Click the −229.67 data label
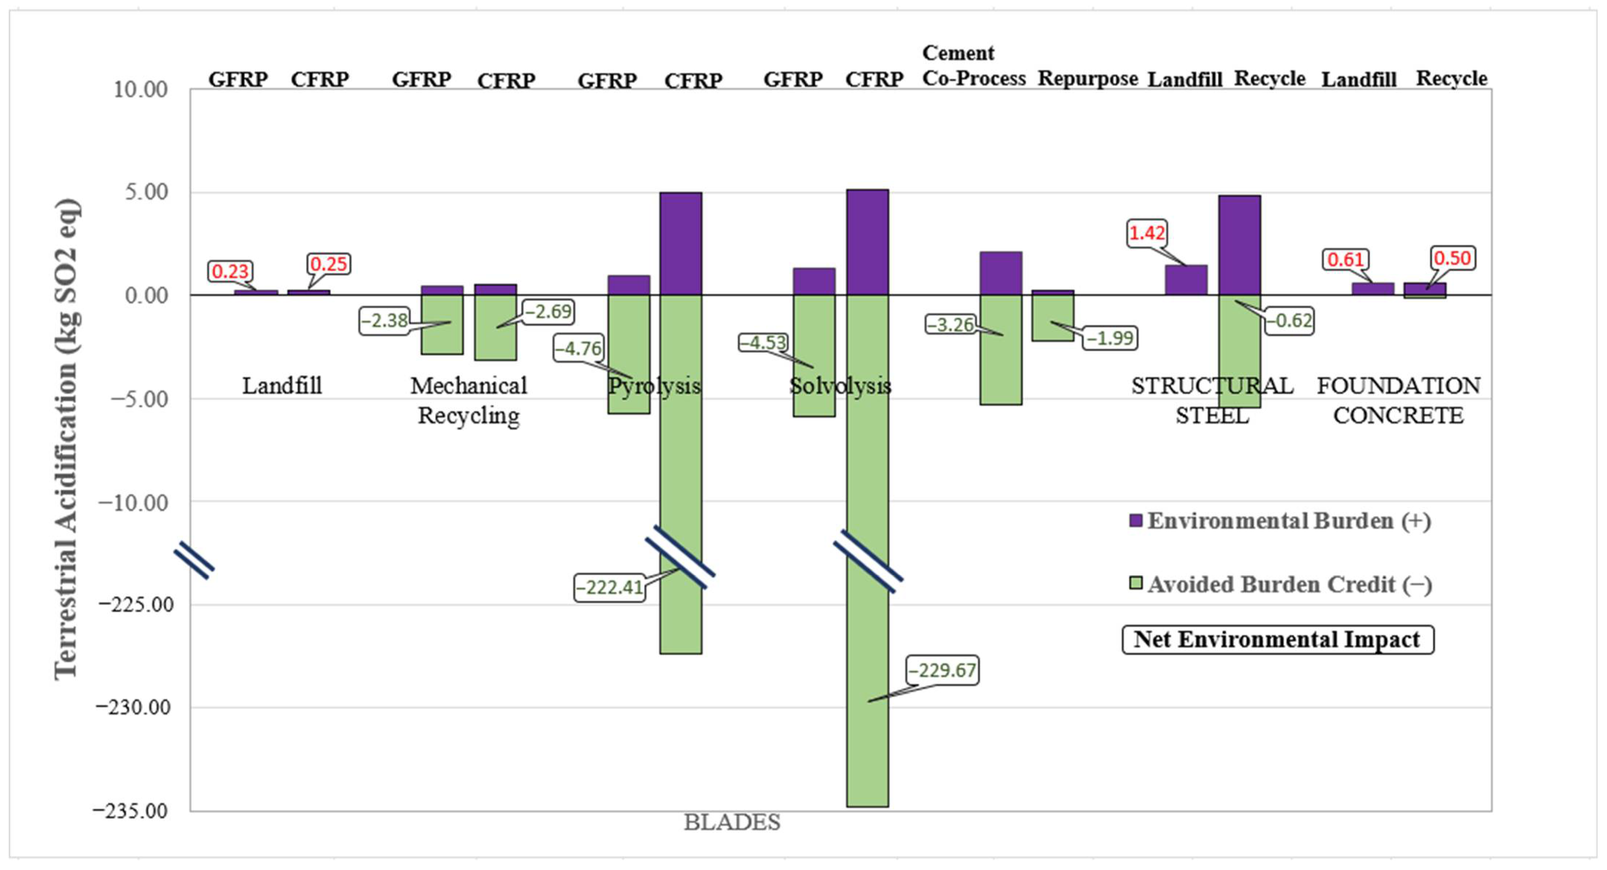(942, 670)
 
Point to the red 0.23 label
(230, 272)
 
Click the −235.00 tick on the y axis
(131, 811)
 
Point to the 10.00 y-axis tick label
(140, 90)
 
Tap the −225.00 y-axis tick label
(134, 605)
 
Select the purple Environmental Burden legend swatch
(1135, 520)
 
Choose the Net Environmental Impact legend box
(1277, 640)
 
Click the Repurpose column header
(1087, 79)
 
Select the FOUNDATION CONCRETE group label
(1398, 401)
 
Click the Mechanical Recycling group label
(469, 401)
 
